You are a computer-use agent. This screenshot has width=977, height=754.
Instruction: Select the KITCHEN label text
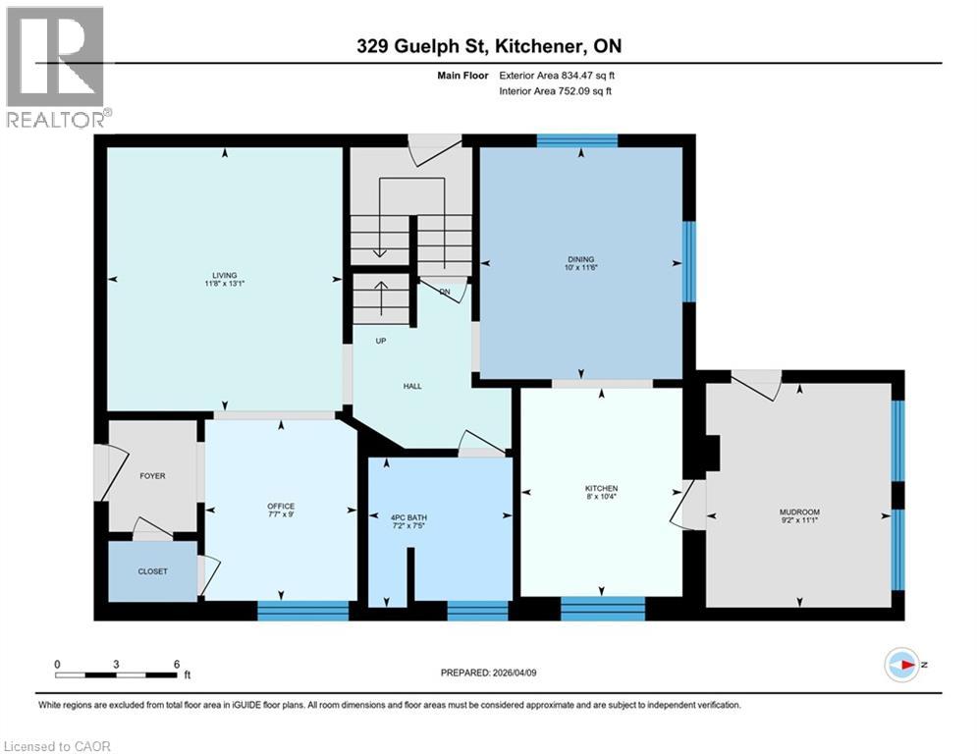click(x=601, y=489)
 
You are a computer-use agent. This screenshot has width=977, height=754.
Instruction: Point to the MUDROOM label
click(x=799, y=512)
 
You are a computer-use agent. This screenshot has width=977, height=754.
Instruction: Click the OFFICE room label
click(x=281, y=507)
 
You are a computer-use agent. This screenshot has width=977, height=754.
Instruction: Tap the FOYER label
click(x=152, y=476)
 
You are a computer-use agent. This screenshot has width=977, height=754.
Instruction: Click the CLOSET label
click(x=152, y=571)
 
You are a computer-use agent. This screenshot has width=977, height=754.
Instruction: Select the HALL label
click(x=412, y=386)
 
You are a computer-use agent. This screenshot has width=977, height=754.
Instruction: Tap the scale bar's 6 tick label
click(x=177, y=664)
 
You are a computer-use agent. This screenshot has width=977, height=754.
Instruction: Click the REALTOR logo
click(x=56, y=67)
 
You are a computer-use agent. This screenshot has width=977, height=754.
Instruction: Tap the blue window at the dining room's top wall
click(x=576, y=140)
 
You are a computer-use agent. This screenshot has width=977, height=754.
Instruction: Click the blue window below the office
click(x=302, y=611)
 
